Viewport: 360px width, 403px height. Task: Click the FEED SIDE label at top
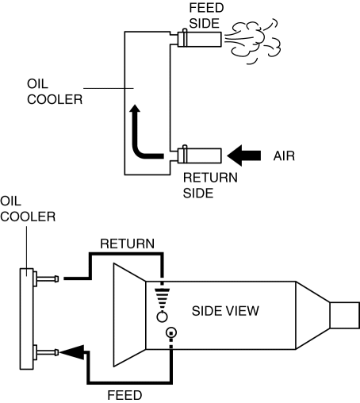point(206,16)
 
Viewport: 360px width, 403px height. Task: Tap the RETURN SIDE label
point(210,185)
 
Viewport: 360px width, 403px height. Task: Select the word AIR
point(284,155)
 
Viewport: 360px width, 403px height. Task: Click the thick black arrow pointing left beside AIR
point(244,155)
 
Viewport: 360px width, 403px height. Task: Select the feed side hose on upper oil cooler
point(199,39)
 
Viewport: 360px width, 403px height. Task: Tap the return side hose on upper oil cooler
point(199,155)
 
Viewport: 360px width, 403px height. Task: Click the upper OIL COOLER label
point(55,92)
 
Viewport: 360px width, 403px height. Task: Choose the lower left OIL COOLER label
point(28,209)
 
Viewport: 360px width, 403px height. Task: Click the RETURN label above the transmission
point(127,244)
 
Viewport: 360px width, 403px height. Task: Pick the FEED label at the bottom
point(124,396)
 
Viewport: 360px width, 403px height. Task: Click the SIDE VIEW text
point(225,311)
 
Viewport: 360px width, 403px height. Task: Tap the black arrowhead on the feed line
point(71,352)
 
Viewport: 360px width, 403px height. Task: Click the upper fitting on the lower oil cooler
point(46,278)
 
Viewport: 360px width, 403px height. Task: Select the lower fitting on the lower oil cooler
point(46,352)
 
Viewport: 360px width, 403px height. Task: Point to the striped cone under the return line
point(162,295)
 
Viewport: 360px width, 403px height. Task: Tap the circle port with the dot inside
point(171,332)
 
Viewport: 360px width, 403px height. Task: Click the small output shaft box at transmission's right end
point(345,315)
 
